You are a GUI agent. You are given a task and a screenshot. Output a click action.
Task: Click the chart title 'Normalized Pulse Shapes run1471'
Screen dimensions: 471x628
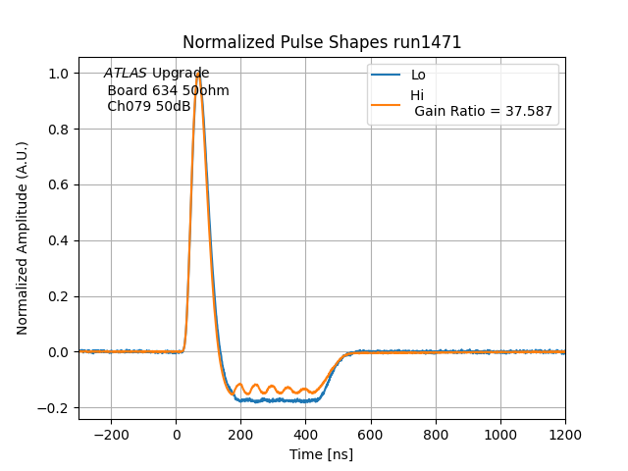point(322,42)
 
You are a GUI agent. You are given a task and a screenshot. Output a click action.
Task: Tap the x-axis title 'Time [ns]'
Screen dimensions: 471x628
point(321,454)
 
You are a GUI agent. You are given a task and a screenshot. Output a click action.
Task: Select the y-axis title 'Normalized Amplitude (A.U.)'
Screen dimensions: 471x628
point(23,238)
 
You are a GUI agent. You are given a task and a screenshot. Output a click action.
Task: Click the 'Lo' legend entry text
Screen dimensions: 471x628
point(418,75)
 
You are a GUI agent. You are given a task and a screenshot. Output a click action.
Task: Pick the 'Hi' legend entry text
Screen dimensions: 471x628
point(417,95)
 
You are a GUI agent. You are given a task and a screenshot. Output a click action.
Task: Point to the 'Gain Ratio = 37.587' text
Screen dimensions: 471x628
point(485,111)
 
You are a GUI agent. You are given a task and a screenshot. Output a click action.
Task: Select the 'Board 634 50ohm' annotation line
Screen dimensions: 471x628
point(168,90)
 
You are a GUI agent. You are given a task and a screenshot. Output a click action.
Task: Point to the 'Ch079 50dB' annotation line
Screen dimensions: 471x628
point(149,106)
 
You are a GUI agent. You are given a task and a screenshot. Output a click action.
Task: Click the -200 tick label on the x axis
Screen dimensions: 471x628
point(111,434)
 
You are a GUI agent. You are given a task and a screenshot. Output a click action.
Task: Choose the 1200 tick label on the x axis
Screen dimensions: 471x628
point(565,434)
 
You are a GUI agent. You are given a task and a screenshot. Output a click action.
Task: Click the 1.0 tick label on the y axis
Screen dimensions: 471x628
point(60,74)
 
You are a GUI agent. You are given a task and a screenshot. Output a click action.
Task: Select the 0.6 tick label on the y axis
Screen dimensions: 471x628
point(60,185)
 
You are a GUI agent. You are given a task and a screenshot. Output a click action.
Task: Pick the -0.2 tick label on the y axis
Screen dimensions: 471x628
point(56,408)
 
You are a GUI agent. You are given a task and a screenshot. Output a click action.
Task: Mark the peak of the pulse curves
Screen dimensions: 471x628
point(198,74)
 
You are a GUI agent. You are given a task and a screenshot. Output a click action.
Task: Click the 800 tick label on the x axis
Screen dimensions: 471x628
point(436,434)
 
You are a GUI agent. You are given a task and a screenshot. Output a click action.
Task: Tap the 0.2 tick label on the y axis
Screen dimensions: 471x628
point(60,296)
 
